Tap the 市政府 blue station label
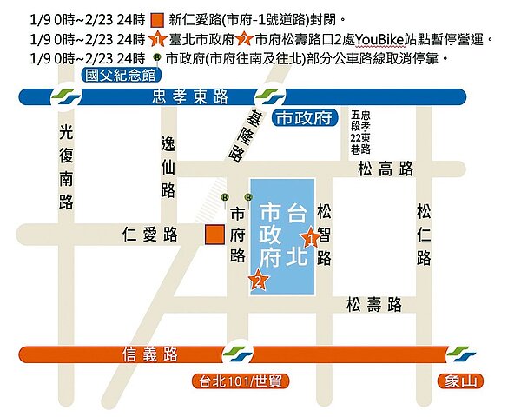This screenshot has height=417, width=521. [x=303, y=118]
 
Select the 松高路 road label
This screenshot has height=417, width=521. [x=386, y=170]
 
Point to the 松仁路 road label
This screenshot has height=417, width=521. [x=424, y=234]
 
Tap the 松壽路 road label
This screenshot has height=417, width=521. [x=373, y=304]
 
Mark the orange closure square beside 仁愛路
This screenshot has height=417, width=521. [x=212, y=234]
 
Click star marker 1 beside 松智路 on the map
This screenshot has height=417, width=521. [x=310, y=236]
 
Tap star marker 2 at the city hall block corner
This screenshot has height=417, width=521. [x=257, y=279]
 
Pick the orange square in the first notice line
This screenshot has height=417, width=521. [x=156, y=19]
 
